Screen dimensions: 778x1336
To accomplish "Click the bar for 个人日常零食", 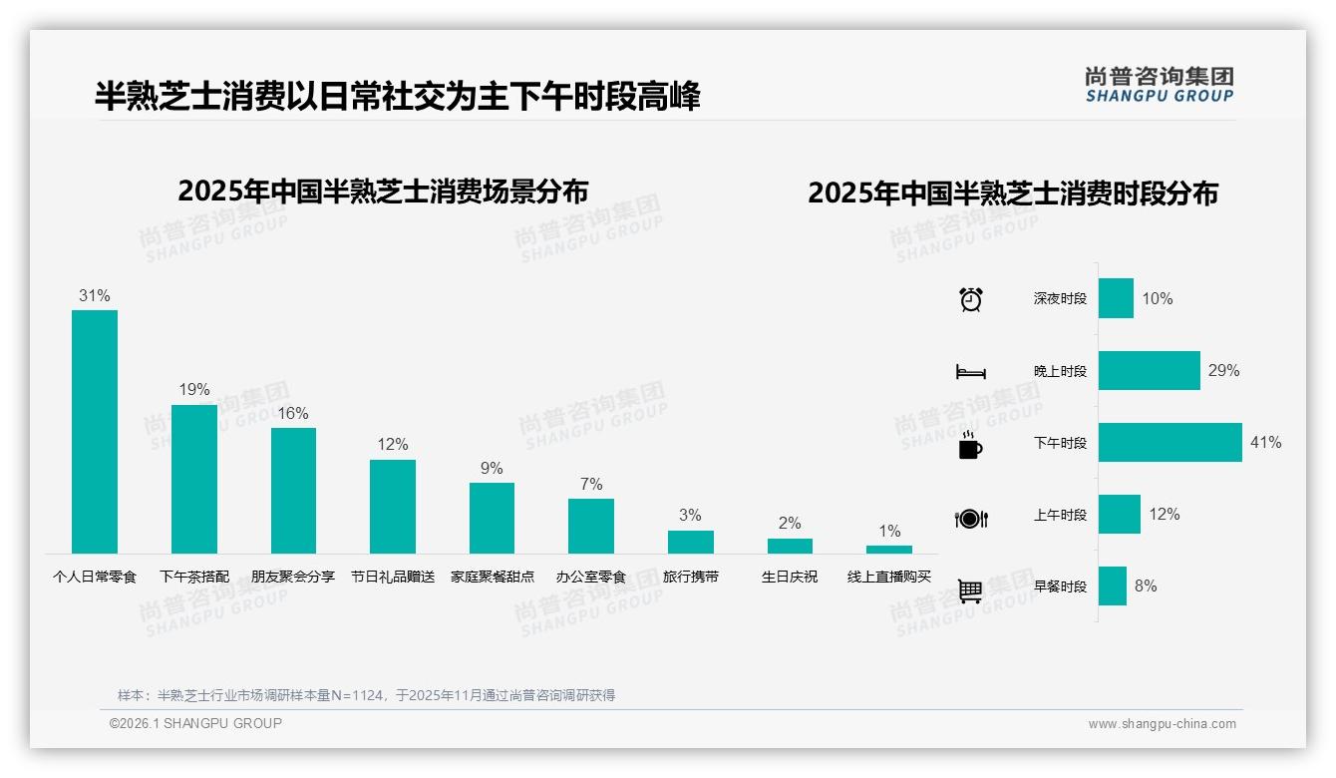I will point(95,431).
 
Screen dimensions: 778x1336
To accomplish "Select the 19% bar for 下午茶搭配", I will point(193,479).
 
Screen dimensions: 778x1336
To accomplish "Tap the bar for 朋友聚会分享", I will point(293,490).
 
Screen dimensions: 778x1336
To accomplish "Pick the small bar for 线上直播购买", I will point(888,550).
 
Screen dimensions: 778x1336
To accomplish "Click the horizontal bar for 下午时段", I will point(1169,443).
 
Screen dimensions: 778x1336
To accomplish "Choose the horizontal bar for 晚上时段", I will point(1149,371).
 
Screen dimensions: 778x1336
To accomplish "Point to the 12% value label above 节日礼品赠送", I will point(393,445).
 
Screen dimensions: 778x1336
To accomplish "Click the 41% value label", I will point(1265,443).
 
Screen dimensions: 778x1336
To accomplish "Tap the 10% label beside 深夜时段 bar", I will point(1157,299).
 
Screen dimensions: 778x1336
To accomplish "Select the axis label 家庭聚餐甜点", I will point(492,577).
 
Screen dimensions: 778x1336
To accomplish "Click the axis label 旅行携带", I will point(690,577).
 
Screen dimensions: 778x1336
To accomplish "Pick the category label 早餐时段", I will point(1060,586).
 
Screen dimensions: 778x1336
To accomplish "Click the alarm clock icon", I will point(970,299).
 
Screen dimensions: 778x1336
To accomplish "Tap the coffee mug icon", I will point(970,445).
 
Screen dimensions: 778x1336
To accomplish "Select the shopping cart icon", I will point(970,591).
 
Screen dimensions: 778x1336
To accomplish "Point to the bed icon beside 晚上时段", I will point(970,372).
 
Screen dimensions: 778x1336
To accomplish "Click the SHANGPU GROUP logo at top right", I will point(1159,85).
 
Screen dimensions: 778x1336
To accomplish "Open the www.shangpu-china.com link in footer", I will point(1162,724).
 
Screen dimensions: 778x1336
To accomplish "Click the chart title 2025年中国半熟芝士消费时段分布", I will point(1013,194).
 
